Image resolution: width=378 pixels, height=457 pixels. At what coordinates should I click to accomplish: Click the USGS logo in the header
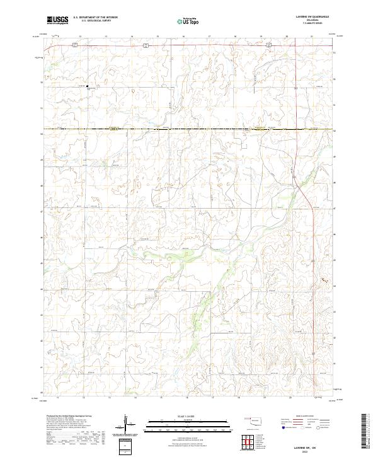pyautogui.click(x=58, y=21)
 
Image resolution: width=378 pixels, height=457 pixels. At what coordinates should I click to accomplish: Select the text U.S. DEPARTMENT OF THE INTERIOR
pyautogui.click(x=96, y=18)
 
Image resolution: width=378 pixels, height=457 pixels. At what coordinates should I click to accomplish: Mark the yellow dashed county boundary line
pyautogui.click(x=189, y=130)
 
